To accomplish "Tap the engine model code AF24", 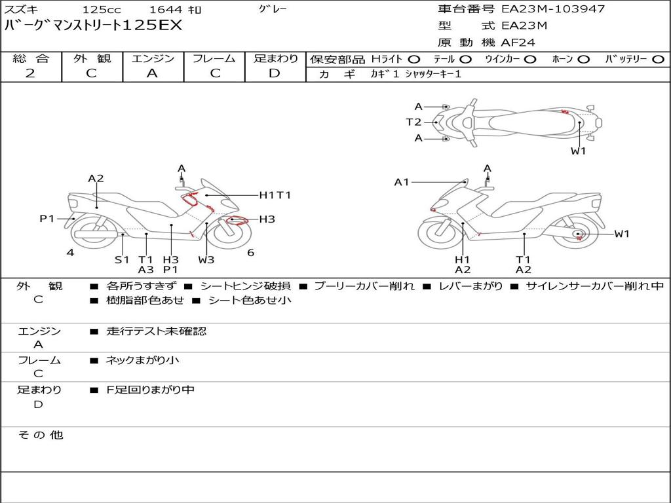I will click(518, 43).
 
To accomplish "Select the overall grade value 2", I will click(30, 73).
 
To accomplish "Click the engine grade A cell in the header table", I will click(152, 73).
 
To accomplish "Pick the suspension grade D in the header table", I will click(275, 73).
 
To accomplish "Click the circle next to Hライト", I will click(413, 59).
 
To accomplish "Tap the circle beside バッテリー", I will click(658, 59).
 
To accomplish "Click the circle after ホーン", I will click(583, 59).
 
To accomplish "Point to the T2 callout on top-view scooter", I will click(413, 122).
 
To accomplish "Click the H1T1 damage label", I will click(275, 195).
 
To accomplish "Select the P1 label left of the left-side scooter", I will click(47, 219).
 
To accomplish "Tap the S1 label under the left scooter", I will click(122, 259).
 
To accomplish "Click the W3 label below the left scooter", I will click(206, 259).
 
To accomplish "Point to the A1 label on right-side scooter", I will click(402, 182).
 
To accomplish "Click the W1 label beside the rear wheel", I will click(621, 234).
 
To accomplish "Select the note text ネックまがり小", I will click(143, 360).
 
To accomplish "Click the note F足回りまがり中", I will click(151, 390).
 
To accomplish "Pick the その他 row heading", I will click(41, 435).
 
